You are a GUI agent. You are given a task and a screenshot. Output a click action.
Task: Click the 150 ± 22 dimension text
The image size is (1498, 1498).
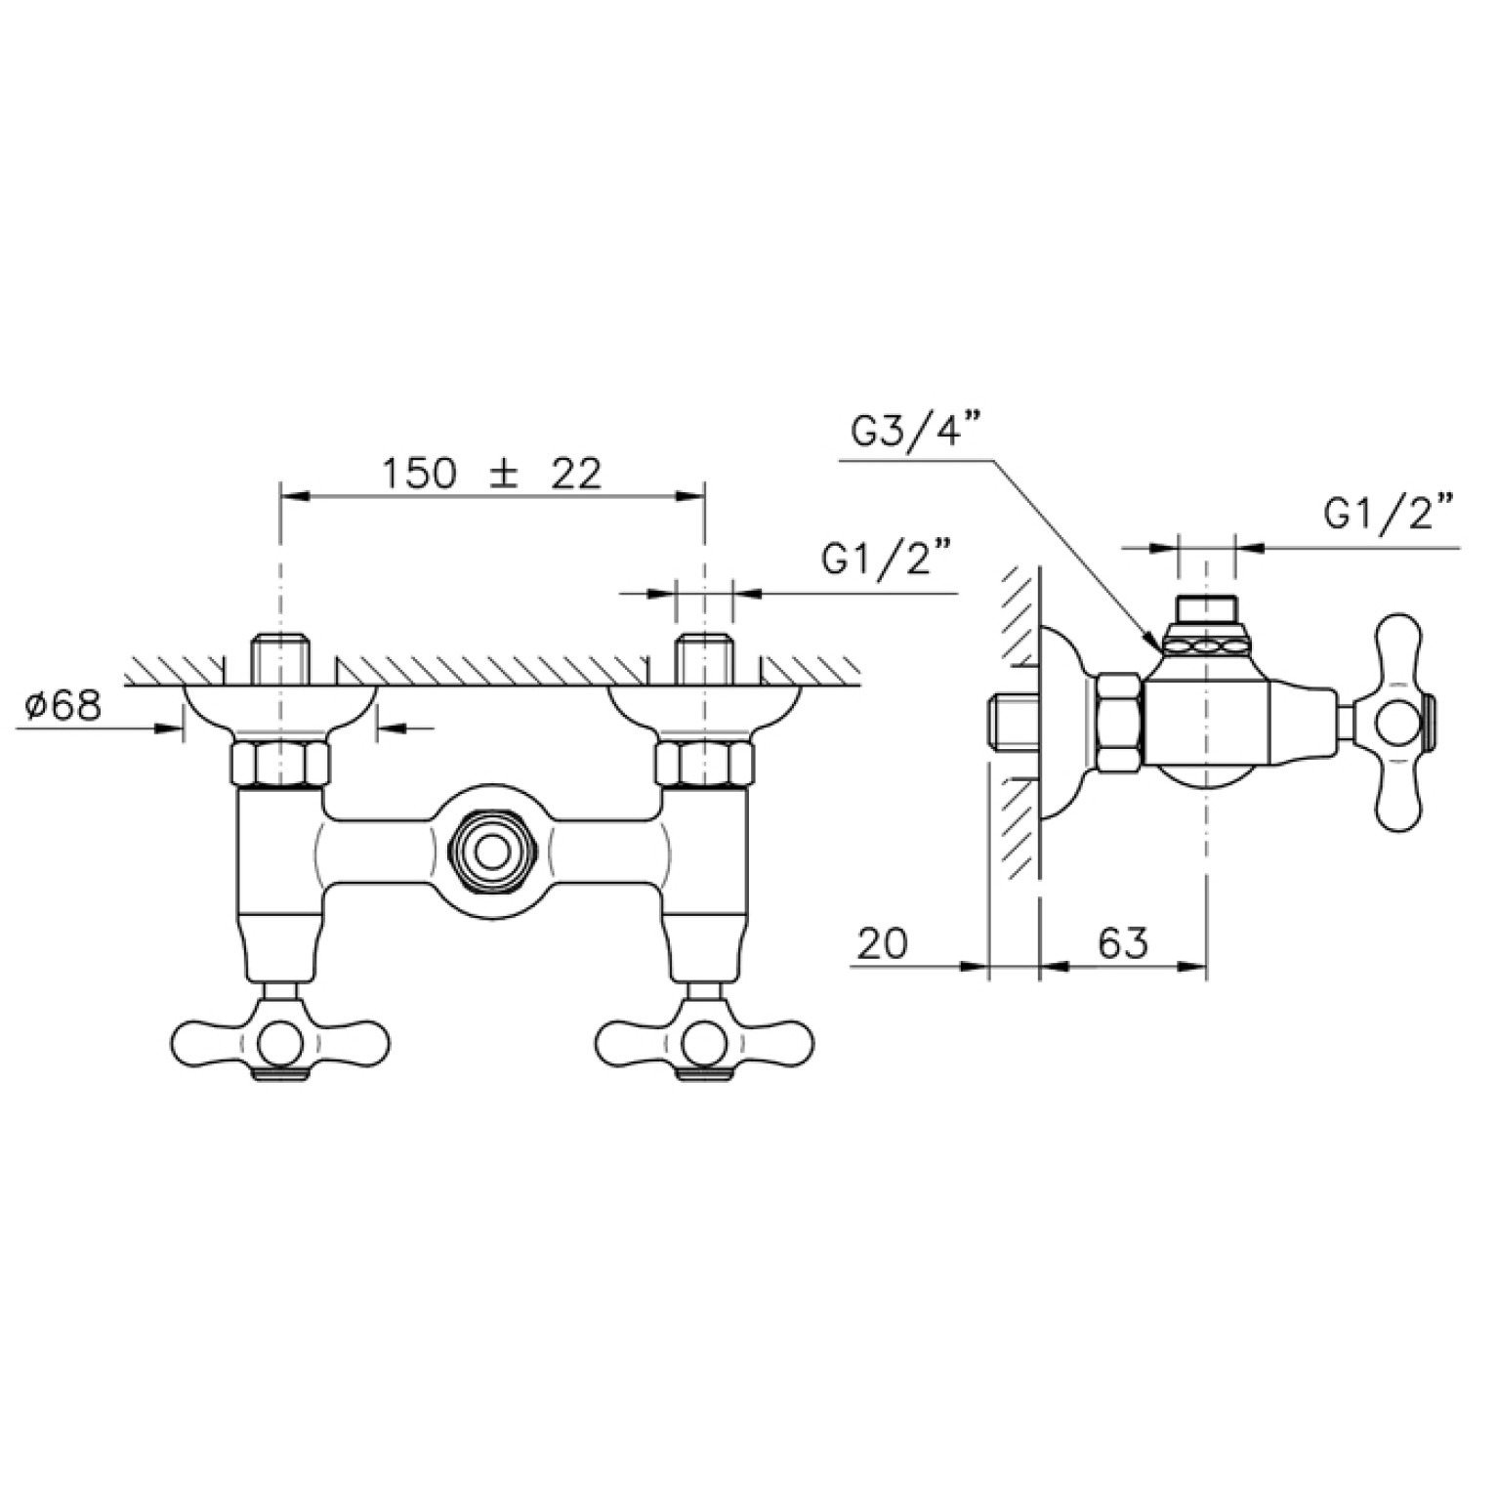click(x=491, y=475)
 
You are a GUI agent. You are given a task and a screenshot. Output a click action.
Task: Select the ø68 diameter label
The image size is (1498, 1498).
click(x=63, y=705)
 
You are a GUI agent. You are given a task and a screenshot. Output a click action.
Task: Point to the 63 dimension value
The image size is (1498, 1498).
click(x=1122, y=943)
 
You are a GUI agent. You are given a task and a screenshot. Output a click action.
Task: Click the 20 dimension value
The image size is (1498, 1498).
click(x=883, y=943)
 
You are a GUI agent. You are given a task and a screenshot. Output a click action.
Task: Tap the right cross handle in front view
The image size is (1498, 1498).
click(x=704, y=1039)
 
